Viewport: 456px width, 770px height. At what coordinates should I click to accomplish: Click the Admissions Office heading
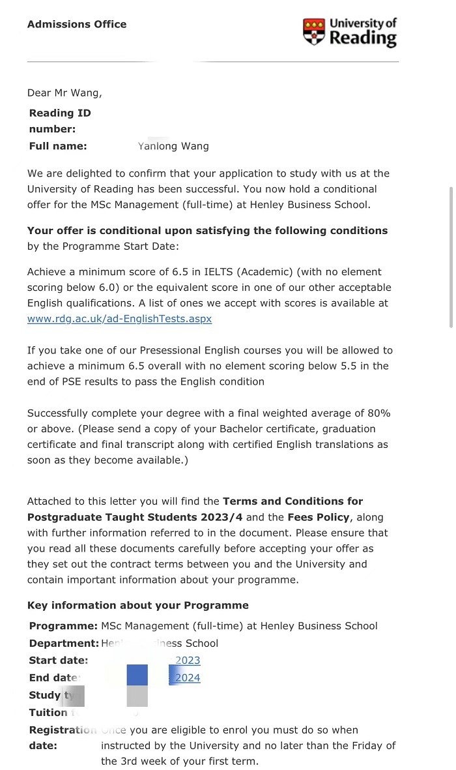point(77,24)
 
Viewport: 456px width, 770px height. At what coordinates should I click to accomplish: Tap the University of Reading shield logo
point(313,31)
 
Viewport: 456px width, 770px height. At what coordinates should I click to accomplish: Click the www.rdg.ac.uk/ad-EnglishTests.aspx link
point(119,319)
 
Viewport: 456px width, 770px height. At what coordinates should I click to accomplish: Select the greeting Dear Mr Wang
point(64,93)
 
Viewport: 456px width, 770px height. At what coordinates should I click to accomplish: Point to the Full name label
point(58,146)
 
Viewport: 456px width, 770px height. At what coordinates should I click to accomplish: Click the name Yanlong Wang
point(173,146)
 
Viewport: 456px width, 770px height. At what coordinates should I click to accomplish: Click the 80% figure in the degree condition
point(376,413)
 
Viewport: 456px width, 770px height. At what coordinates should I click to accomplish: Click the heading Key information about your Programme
point(137,605)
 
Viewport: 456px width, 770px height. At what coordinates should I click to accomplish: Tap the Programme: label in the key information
point(63,626)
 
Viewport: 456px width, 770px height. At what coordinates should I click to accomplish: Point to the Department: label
point(64,644)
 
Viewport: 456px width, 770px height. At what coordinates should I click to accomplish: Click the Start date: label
point(59,660)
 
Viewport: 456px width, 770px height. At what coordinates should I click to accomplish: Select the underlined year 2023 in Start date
point(188,660)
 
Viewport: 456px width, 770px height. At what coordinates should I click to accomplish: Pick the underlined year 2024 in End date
point(188,678)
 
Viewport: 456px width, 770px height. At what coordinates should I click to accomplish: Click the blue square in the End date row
point(137,675)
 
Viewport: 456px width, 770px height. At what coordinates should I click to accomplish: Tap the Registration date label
point(62,737)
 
